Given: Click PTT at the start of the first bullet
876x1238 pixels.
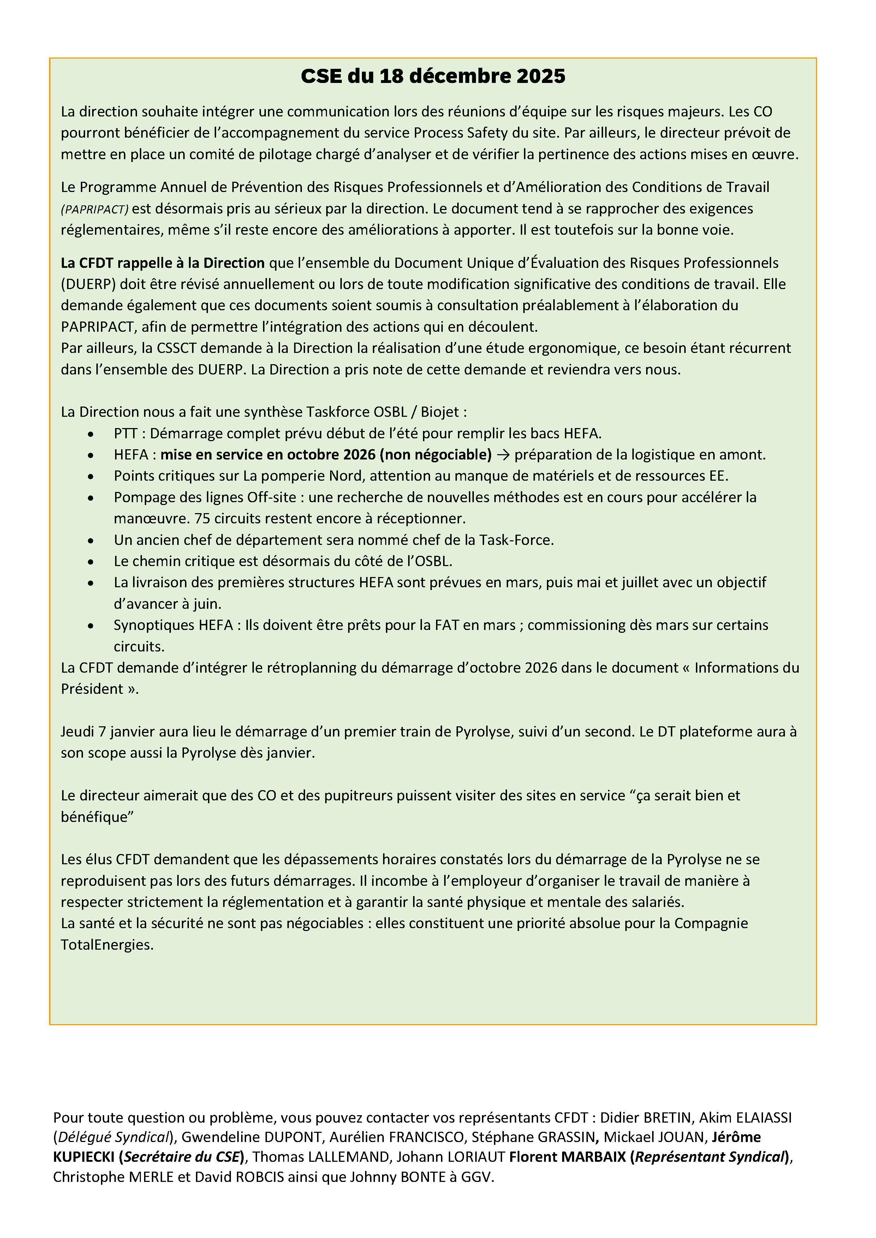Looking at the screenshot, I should pyautogui.click(x=125, y=433).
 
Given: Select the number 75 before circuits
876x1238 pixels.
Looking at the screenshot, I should pyautogui.click(x=202, y=519).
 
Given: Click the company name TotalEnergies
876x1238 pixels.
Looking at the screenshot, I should pyautogui.click(x=106, y=945).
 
